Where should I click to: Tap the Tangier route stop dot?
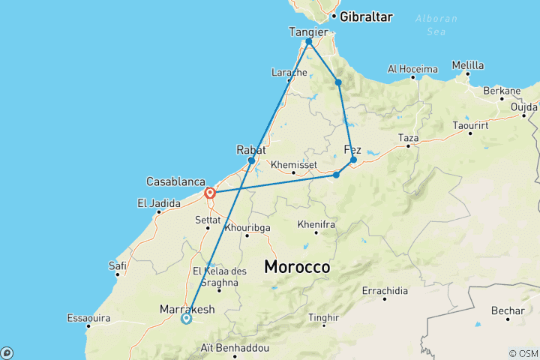click(309, 42)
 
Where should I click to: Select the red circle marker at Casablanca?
click(210, 193)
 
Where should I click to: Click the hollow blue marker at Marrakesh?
click(187, 319)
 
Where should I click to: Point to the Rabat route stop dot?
click(251, 160)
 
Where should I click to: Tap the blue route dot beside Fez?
click(353, 160)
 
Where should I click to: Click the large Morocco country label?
click(297, 266)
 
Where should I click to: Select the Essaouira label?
click(88, 318)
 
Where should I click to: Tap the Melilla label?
click(467, 65)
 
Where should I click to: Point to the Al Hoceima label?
click(412, 69)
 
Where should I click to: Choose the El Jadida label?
click(159, 202)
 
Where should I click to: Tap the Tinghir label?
click(324, 316)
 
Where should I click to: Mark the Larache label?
click(289, 73)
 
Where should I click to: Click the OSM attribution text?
click(523, 353)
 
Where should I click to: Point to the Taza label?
click(408, 138)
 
